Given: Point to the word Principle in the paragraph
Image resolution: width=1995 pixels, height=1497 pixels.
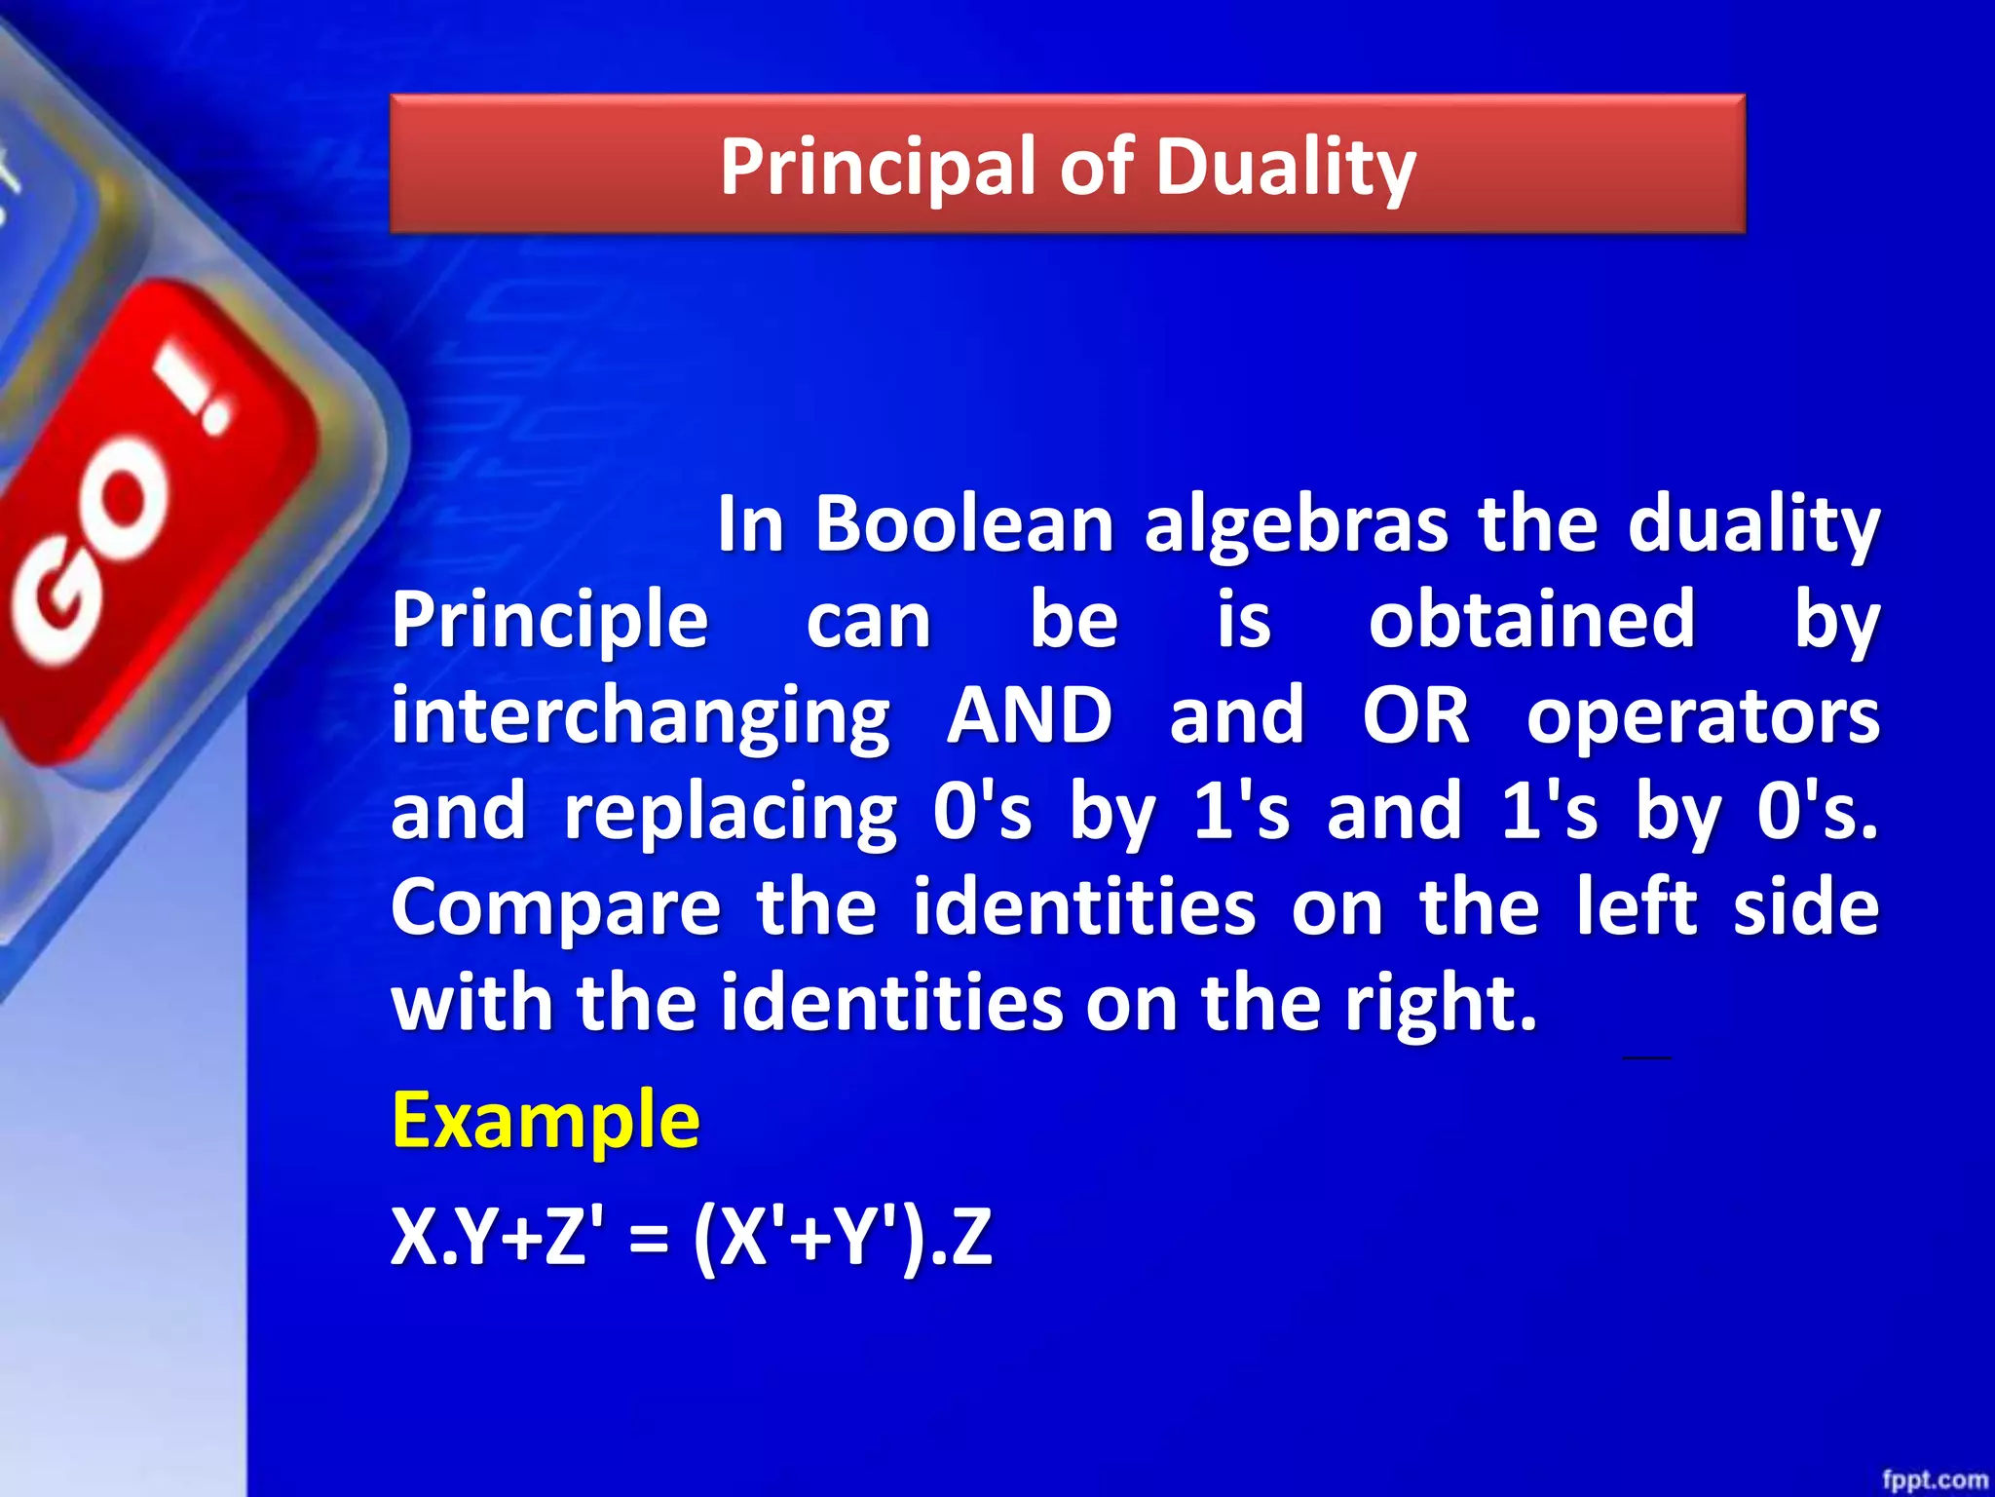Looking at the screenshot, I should coord(549,620).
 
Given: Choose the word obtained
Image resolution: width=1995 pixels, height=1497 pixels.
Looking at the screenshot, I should coord(1531,620).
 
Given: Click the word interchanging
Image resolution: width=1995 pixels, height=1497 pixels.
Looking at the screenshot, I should coord(641,715).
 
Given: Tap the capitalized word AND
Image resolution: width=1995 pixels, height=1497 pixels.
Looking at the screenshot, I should coord(1030,715).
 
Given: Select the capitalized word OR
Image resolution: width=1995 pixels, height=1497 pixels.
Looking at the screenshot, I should coord(1415,715).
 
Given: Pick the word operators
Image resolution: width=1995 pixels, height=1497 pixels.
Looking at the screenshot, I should coord(1703,715).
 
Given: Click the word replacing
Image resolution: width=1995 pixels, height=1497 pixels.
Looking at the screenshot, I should coord(731,811).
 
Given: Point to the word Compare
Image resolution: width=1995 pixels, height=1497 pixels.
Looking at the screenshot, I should coord(555,906).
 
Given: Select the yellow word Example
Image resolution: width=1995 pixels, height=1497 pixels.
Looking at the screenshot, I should coord(546,1121).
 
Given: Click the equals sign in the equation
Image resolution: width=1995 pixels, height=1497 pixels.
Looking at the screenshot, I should coord(649,1238).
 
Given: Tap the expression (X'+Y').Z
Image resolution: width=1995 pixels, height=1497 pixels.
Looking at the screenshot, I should coord(844,1238).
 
